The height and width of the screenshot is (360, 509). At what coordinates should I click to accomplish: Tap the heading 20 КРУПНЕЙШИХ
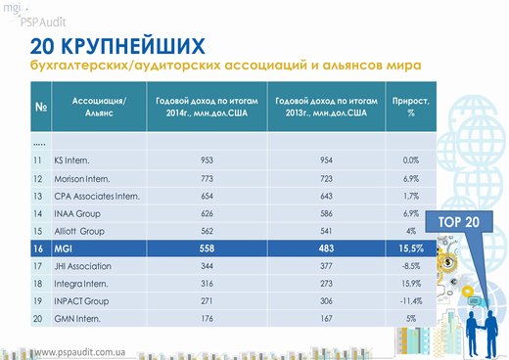click(x=117, y=46)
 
